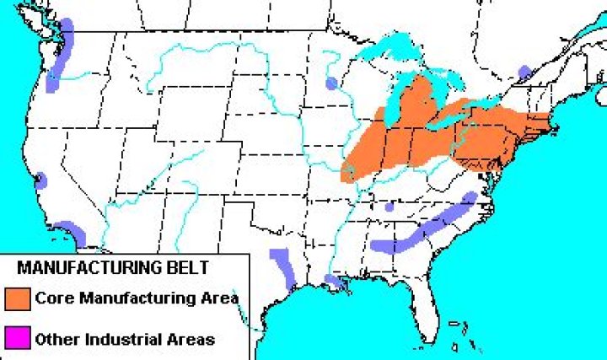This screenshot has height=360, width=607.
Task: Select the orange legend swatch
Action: pyautogui.click(x=18, y=298)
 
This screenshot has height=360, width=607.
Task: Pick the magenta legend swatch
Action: pyautogui.click(x=18, y=339)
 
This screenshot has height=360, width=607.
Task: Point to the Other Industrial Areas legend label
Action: pyautogui.click(x=125, y=340)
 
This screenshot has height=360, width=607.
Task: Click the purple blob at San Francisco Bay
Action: pyautogui.click(x=40, y=179)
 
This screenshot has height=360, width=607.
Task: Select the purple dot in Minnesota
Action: pyautogui.click(x=332, y=83)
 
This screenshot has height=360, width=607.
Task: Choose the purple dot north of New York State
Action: pyautogui.click(x=524, y=73)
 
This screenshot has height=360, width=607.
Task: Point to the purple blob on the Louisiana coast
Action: pyautogui.click(x=336, y=281)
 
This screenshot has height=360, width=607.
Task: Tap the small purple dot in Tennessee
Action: pyautogui.click(x=389, y=206)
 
